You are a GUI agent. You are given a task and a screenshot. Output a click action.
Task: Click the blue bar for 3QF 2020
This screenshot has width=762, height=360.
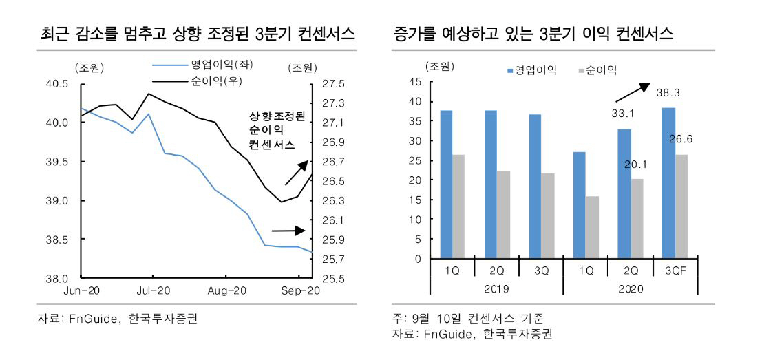pos(668,183)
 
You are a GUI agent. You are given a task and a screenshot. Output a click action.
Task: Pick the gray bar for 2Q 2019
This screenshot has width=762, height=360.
pos(503,215)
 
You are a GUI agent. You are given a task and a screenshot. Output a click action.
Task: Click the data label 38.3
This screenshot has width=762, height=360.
pos(668,92)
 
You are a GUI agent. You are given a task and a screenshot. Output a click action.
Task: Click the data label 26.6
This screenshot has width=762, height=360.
pos(681,139)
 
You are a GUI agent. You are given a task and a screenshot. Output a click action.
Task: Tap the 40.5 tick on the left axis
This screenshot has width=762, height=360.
pos(58,84)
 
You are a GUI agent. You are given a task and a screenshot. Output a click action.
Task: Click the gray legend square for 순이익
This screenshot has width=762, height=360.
pos(581,70)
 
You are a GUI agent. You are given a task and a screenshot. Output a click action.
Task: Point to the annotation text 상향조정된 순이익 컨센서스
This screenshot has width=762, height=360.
pos(271,131)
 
